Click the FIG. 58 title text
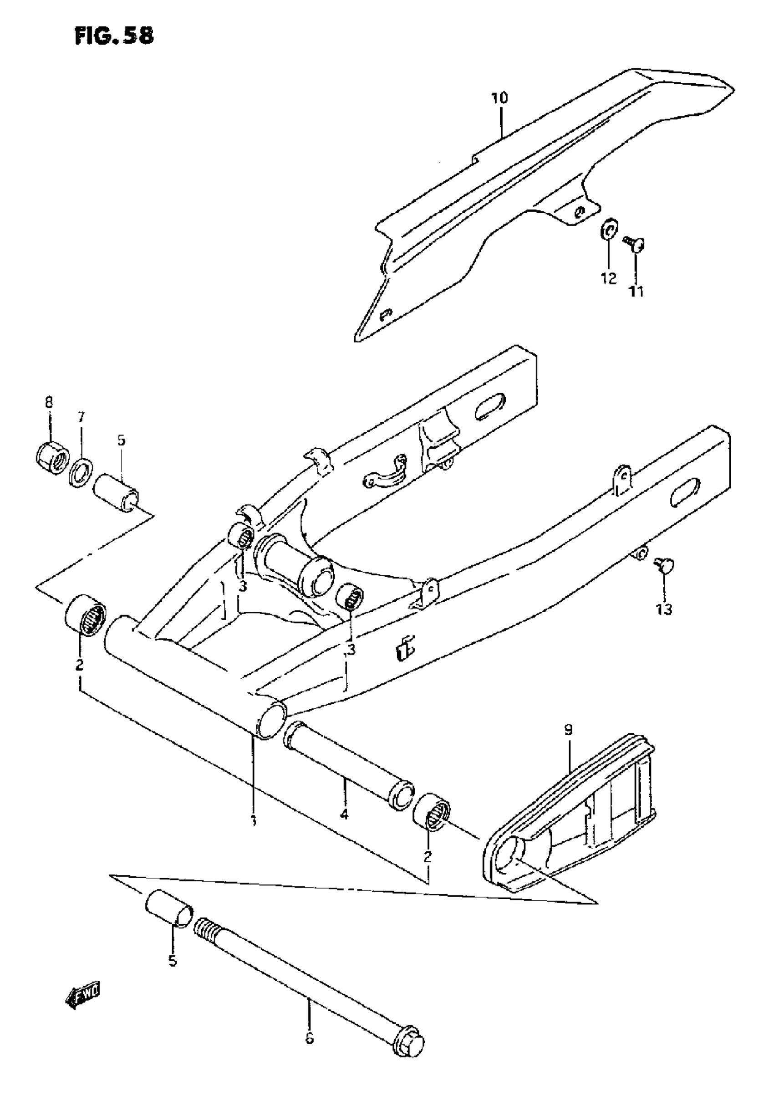click(115, 36)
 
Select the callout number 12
click(609, 278)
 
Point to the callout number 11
click(637, 291)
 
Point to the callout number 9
click(568, 731)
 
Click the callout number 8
click(49, 402)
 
